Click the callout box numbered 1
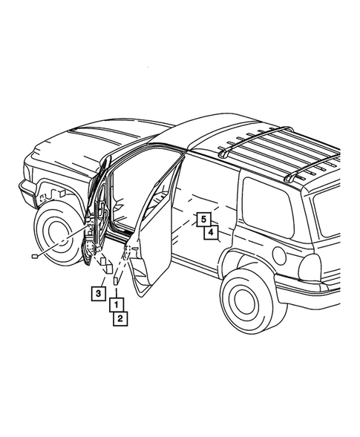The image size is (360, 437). click(x=117, y=304)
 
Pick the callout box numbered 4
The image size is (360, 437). click(x=211, y=233)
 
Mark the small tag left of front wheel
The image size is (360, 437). click(x=34, y=256)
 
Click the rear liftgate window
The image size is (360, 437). click(x=334, y=215)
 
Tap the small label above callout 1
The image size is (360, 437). click(x=116, y=282)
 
